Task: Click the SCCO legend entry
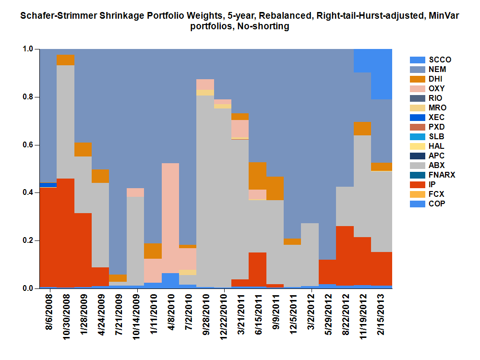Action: pos(430,60)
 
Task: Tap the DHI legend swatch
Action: pos(417,79)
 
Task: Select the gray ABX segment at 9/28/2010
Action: pos(205,192)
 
